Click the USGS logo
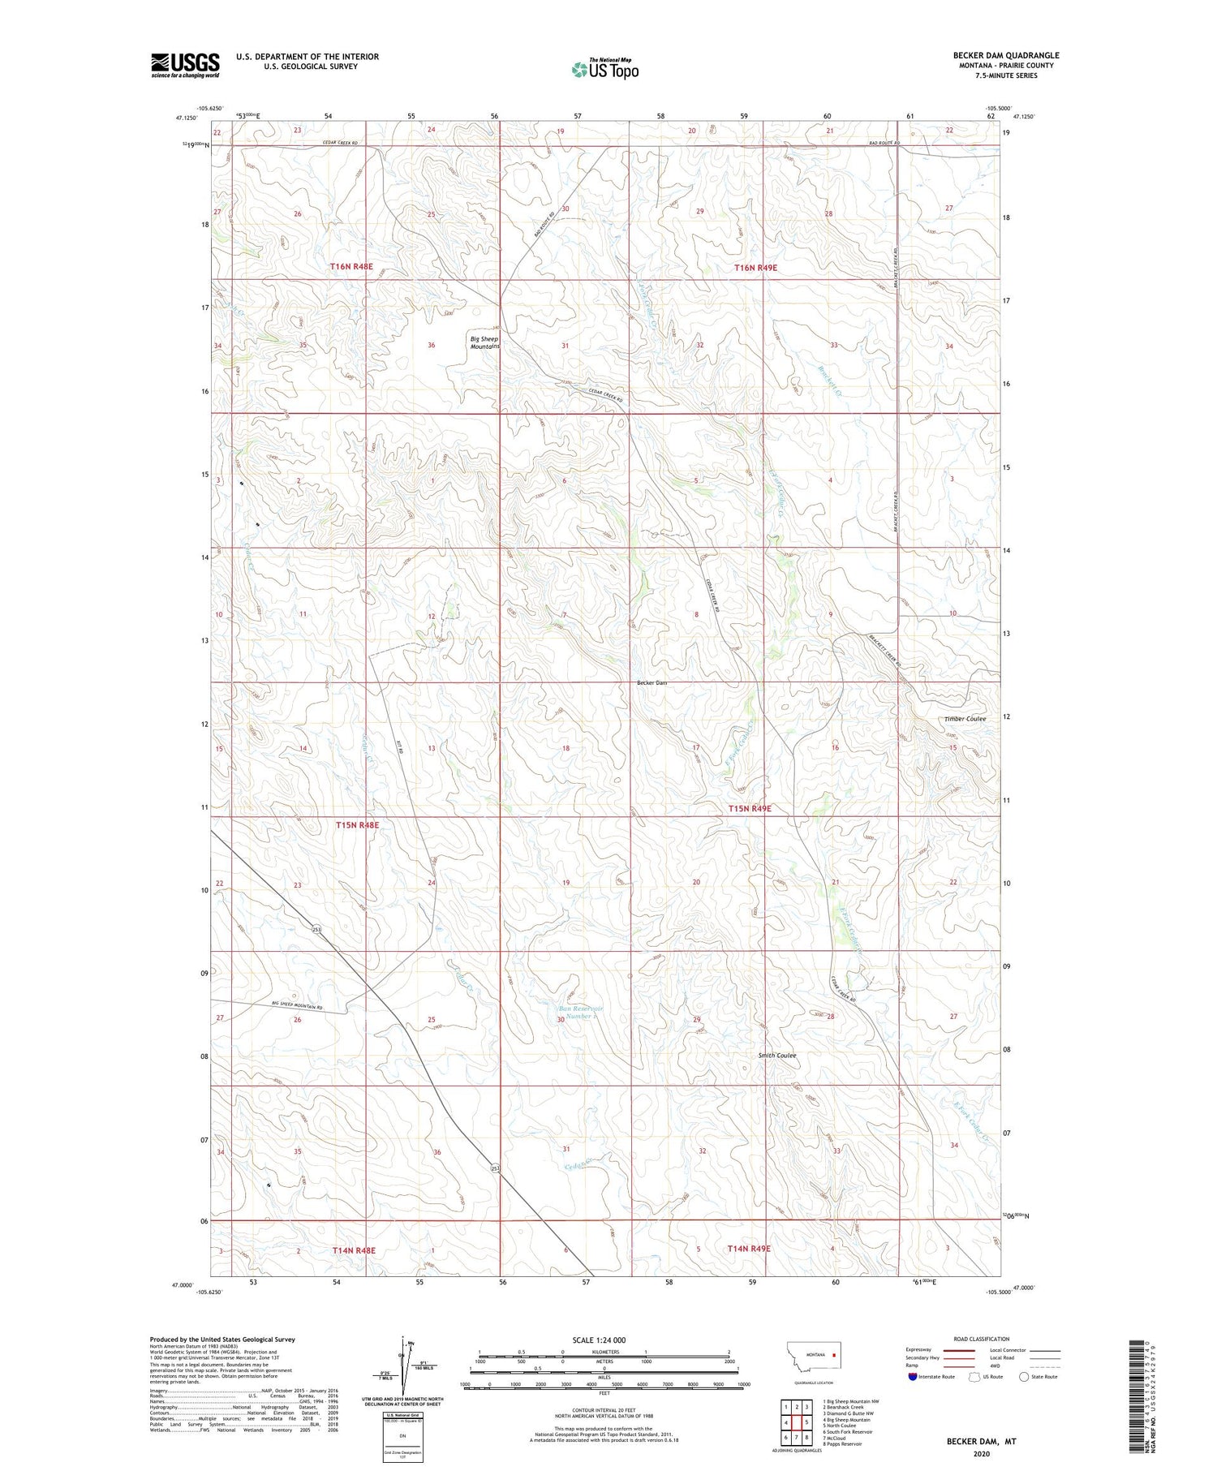tap(185, 65)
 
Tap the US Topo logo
tap(604, 70)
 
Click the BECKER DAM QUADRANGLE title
tap(1006, 55)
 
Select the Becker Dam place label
tap(652, 682)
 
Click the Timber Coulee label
tap(965, 719)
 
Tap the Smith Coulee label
tap(777, 1056)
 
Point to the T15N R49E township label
tap(749, 808)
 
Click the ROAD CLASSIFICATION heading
tap(982, 1339)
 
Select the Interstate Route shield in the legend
tap(913, 1377)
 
